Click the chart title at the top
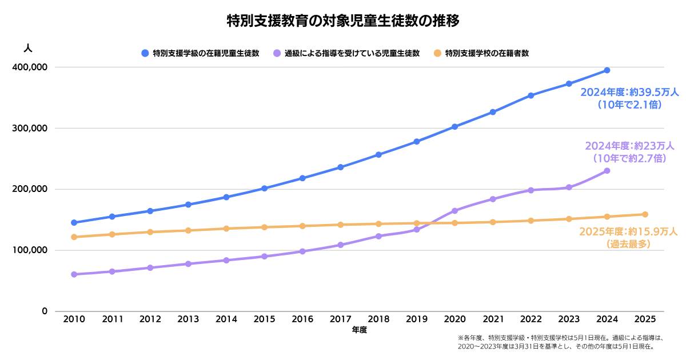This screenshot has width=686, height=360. point(343,21)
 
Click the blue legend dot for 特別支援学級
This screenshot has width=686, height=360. point(145,53)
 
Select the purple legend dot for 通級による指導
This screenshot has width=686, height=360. point(277,53)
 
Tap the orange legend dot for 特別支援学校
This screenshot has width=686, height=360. point(438,53)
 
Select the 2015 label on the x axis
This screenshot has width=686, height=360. point(264,319)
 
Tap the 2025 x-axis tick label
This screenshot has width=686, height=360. point(645,319)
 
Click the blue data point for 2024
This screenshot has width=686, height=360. point(607,70)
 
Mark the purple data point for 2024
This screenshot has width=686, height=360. point(607,171)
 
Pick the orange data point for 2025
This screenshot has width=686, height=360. point(645,215)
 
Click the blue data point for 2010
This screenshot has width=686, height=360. point(74,222)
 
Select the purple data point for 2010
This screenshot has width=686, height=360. point(74,274)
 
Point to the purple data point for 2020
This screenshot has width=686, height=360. point(455,211)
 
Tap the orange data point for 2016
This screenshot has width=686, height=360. point(302,226)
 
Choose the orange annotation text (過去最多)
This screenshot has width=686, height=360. point(628,244)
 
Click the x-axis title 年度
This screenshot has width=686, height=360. point(359,330)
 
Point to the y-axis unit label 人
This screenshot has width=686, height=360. point(28,48)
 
